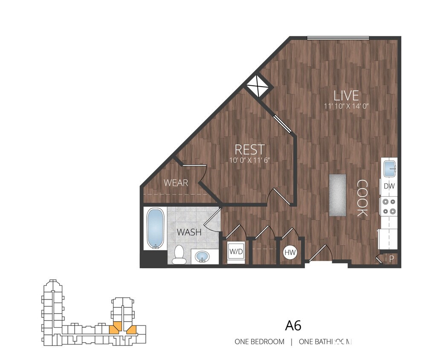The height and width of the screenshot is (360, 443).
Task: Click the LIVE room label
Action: pos(346,95)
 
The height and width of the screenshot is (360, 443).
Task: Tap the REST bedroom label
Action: pos(250,149)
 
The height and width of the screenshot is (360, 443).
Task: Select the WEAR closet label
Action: pos(176,183)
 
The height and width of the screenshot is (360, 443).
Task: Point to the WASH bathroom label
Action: pos(189,233)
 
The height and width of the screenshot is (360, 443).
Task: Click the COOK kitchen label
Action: pos(362,198)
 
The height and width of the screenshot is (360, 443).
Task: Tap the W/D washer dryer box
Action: pos(236,251)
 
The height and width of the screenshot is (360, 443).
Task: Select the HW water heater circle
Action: pos(290,253)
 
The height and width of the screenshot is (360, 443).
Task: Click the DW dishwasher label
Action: pos(389,186)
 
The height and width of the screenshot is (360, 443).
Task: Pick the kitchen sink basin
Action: pos(390,168)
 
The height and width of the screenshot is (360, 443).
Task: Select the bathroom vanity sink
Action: pos(202,257)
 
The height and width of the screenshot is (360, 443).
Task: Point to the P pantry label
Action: pos(392,258)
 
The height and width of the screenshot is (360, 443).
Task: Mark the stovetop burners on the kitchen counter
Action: pos(389,206)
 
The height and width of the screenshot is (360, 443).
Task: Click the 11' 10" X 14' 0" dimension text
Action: pos(346,106)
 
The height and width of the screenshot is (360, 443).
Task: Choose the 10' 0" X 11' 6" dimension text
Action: pos(250,160)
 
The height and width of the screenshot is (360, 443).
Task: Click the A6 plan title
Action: pos(293,325)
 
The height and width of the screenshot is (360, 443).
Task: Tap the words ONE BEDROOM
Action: pos(259,342)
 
